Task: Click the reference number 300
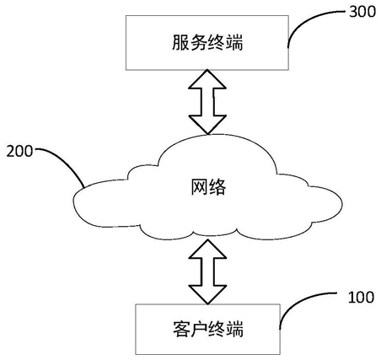pos(362,12)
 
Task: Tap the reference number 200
pos(19,151)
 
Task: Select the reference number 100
pos(361,298)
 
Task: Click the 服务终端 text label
pos(207,43)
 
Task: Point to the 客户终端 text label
pos(208,329)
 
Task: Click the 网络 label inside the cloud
pos(208,187)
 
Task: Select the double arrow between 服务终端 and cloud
pos(207,102)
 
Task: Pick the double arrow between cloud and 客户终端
pos(207,271)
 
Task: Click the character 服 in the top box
pos(180,43)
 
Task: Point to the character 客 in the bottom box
pos(181,329)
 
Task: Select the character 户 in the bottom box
pos(199,329)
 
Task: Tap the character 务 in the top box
pos(198,43)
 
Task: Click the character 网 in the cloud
pos(200,187)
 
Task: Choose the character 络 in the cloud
pos(217,187)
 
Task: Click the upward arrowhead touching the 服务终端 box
pos(207,79)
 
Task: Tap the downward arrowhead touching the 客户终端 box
pos(207,295)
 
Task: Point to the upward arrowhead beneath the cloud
pos(207,249)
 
